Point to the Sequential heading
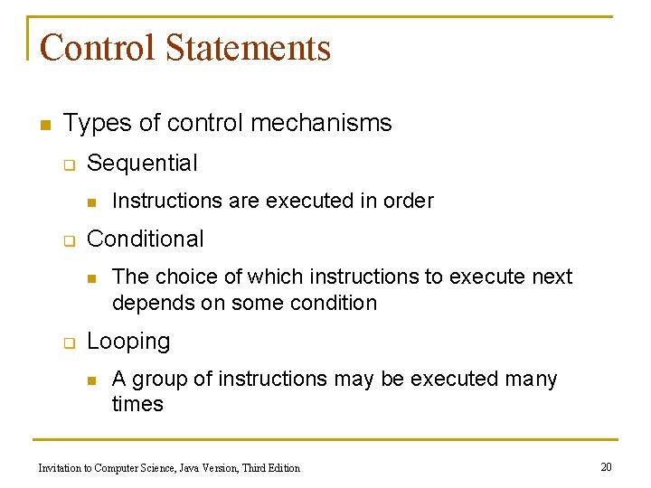point(142,164)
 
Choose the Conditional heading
point(146,239)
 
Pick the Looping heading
point(128,342)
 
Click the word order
point(409,201)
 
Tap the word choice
point(185,277)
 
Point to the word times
point(137,404)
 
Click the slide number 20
point(606,466)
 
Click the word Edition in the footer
point(280,467)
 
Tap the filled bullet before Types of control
point(44,124)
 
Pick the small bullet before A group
point(91,380)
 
